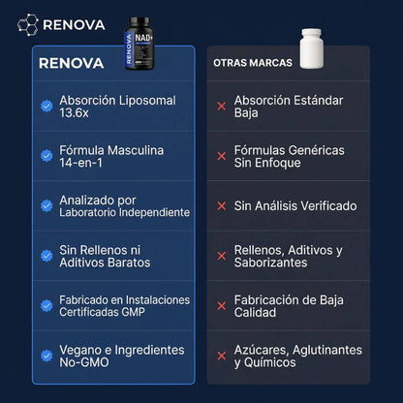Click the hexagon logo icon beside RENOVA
click(29, 24)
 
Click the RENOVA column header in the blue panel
click(74, 64)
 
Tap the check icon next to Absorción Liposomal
click(46, 107)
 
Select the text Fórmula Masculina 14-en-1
click(111, 156)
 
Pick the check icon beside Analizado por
click(46, 205)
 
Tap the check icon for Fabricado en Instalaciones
click(46, 305)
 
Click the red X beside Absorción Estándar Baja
click(222, 107)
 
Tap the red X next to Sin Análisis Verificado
click(222, 205)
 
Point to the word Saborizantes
click(271, 263)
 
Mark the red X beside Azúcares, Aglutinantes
click(222, 355)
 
